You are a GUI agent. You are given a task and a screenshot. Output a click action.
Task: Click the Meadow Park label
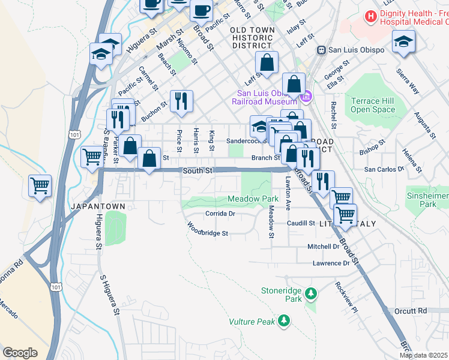pyautogui.click(x=253, y=199)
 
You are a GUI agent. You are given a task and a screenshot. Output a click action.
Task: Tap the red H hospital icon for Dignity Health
pyautogui.click(x=371, y=16)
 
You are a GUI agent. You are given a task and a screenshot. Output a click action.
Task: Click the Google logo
pyautogui.click(x=20, y=352)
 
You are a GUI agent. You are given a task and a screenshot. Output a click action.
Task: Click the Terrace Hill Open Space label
pyautogui.click(x=373, y=105)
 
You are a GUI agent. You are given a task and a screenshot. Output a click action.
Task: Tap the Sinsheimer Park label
pyautogui.click(x=427, y=200)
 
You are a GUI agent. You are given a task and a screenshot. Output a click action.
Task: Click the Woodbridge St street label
pyautogui.click(x=207, y=231)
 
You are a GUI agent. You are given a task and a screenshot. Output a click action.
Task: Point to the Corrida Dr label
pyautogui.click(x=219, y=213)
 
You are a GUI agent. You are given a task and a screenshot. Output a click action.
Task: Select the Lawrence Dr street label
pyautogui.click(x=331, y=263)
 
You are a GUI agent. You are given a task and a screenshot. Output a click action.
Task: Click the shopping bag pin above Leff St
pyautogui.click(x=267, y=62)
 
